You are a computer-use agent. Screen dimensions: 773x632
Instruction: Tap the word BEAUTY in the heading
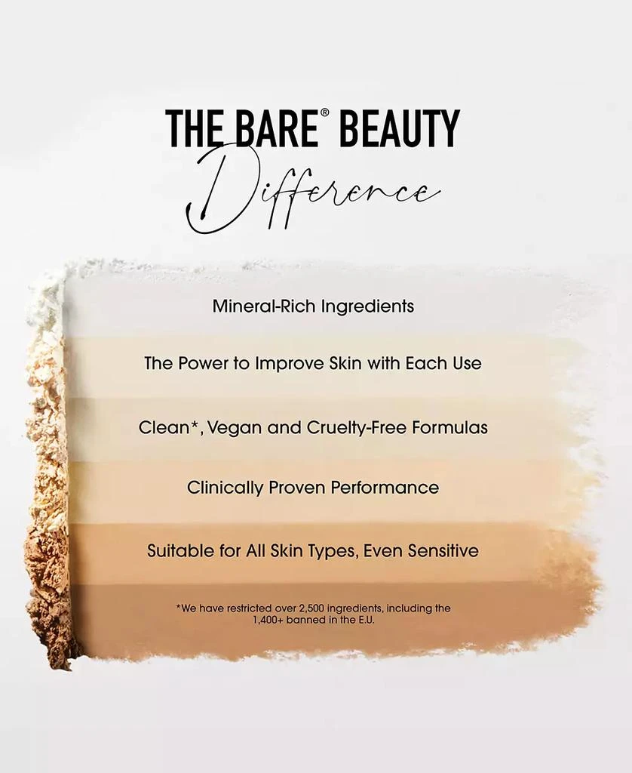[x=399, y=128]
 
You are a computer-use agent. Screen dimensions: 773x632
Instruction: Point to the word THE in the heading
[x=192, y=128]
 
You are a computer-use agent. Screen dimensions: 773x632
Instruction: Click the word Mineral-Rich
[x=264, y=306]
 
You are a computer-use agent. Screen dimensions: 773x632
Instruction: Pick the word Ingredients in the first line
[x=367, y=306]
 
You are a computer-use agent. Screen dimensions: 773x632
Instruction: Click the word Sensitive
[x=443, y=550]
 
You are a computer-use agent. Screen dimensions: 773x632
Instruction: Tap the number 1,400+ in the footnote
[x=271, y=620]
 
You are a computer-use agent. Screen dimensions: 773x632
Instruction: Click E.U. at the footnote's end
[x=363, y=620]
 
